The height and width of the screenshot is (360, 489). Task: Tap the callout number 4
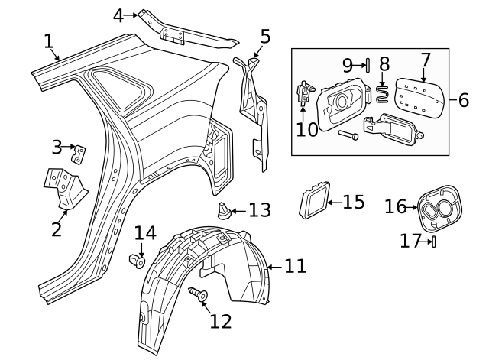(118, 15)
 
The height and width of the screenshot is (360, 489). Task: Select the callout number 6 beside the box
(463, 100)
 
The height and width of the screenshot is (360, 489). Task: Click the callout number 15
(353, 202)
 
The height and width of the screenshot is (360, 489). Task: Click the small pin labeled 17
(433, 242)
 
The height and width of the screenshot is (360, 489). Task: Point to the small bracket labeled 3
(79, 153)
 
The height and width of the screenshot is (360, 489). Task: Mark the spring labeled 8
(383, 96)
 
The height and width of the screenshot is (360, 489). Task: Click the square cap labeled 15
(313, 199)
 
